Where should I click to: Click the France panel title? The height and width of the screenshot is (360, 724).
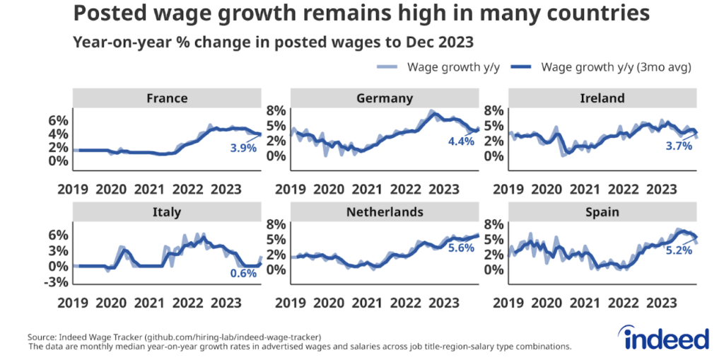(167, 98)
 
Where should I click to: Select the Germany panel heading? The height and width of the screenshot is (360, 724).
(385, 98)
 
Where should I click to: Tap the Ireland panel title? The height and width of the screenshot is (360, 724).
(602, 98)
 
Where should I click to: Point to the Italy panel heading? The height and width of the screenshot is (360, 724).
(167, 212)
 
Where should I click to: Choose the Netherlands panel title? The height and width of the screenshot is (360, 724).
(385, 212)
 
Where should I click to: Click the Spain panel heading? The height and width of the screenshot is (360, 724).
(602, 212)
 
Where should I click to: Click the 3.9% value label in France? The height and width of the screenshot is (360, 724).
(243, 148)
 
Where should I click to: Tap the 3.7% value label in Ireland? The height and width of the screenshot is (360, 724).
(677, 146)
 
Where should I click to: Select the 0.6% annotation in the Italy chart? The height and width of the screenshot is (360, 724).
(243, 274)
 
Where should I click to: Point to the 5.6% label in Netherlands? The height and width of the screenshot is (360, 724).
(460, 249)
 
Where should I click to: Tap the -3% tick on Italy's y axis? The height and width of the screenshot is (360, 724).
(58, 282)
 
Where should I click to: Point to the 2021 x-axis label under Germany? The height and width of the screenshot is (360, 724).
(367, 190)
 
